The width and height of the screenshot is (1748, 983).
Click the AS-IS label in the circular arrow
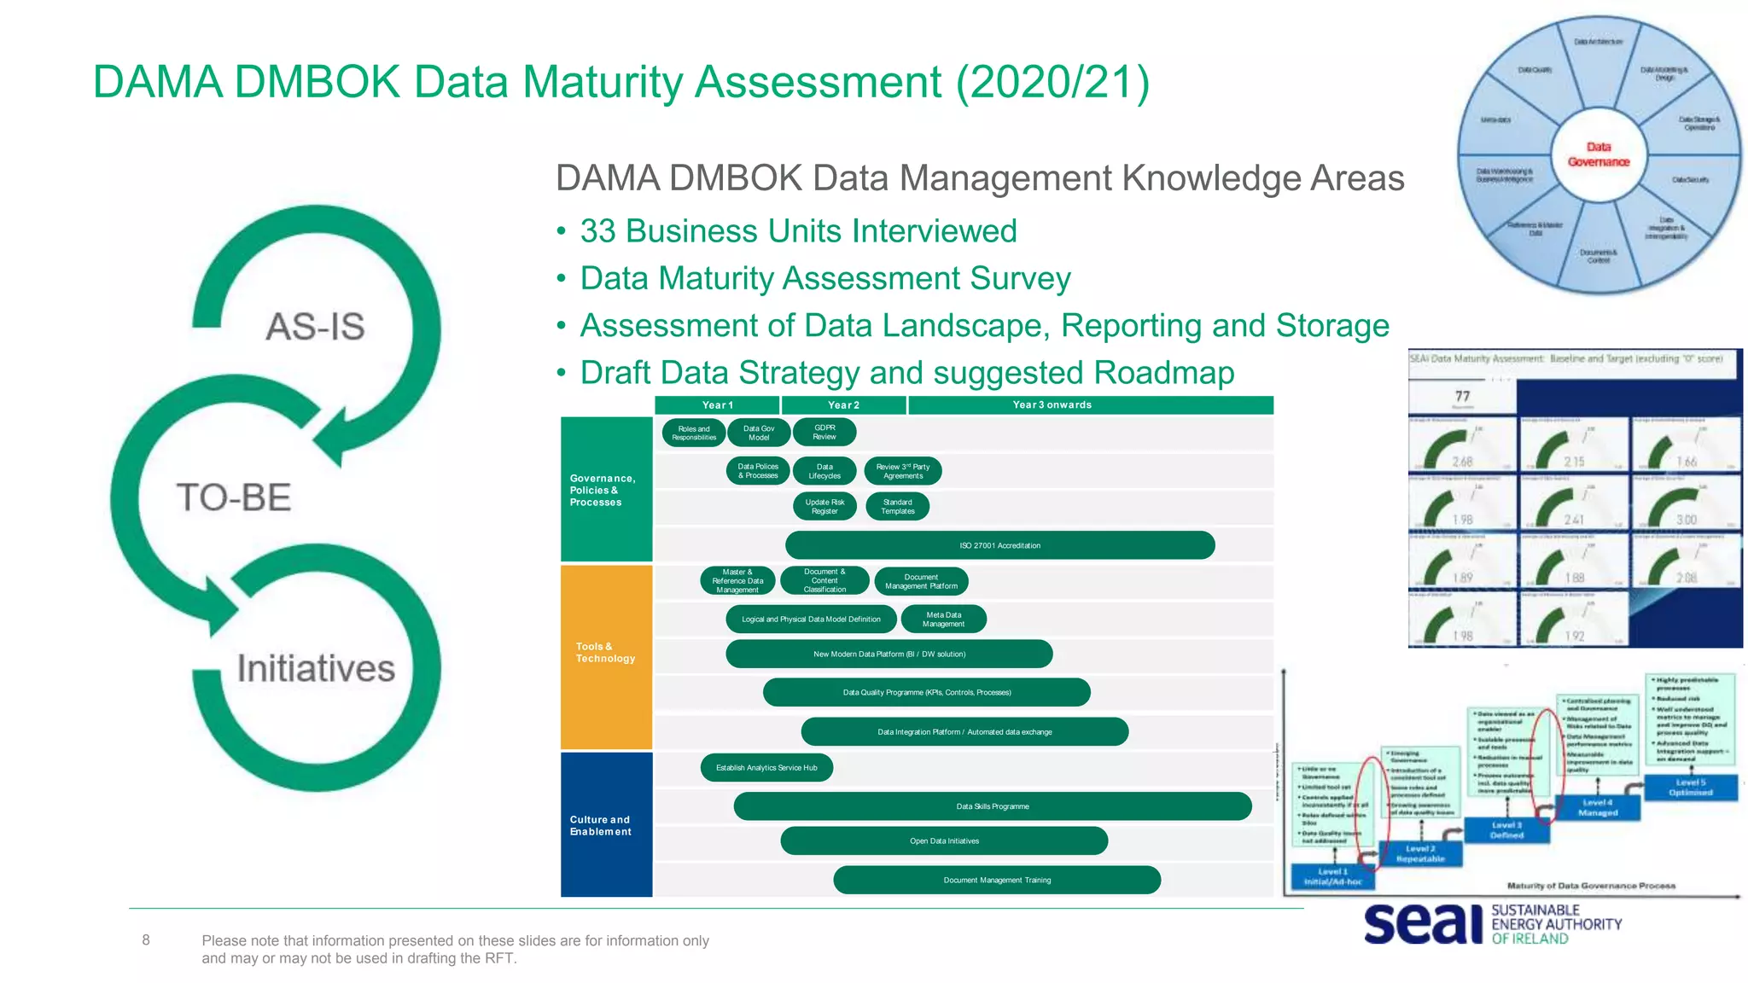pyautogui.click(x=315, y=327)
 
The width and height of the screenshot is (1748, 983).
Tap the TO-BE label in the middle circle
pyautogui.click(x=234, y=497)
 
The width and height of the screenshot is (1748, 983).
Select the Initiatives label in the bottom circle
pyautogui.click(x=316, y=668)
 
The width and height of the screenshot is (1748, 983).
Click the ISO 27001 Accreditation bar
pyautogui.click(x=999, y=545)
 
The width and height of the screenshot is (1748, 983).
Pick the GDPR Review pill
pyautogui.click(x=824, y=433)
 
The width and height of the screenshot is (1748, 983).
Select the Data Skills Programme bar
pyautogui.click(x=992, y=806)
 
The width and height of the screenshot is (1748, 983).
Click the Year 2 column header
pyautogui.click(x=843, y=405)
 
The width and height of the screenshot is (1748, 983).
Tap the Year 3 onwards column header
pyautogui.click(x=1052, y=405)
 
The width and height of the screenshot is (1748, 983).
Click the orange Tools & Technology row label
pyautogui.click(x=606, y=654)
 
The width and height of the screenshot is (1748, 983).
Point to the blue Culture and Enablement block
pyautogui.click(x=606, y=825)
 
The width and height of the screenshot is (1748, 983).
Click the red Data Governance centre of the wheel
pyautogui.click(x=1598, y=154)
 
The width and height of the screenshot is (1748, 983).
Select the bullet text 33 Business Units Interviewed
pyautogui.click(x=798, y=231)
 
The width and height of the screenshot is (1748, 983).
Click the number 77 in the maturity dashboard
pyautogui.click(x=1462, y=396)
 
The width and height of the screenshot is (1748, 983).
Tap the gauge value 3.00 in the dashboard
pyautogui.click(x=1686, y=520)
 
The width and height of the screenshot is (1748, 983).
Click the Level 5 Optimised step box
pyautogui.click(x=1690, y=788)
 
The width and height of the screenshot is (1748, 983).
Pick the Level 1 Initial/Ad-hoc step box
pyautogui.click(x=1333, y=877)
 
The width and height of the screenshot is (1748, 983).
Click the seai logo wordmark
pyautogui.click(x=1424, y=924)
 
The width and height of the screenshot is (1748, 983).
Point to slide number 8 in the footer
pyautogui.click(x=146, y=940)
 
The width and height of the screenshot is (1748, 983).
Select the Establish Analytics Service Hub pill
pyautogui.click(x=766, y=768)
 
